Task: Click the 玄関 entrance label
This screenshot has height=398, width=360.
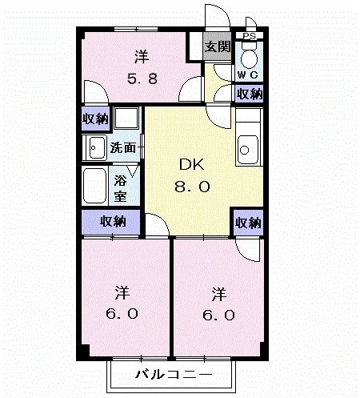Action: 215,46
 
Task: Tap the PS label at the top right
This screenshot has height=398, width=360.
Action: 249,36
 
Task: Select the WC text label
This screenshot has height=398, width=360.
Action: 246,75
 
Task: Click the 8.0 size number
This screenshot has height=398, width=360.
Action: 192,187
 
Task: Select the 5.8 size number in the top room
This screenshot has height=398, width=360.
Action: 140,79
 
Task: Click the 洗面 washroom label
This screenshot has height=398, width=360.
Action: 122,147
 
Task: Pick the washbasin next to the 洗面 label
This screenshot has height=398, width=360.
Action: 96,147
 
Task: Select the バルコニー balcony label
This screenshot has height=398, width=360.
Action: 172,375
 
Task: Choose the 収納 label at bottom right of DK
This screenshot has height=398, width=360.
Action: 248,223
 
